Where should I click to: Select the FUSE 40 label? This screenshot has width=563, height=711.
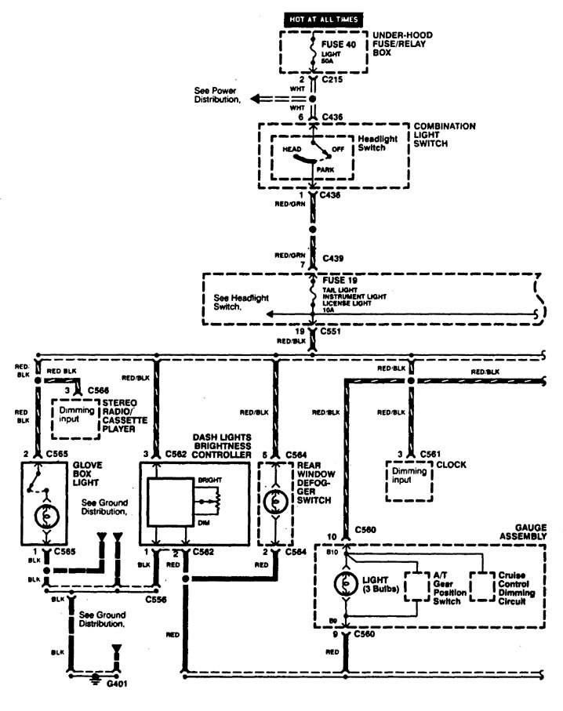[x=339, y=45]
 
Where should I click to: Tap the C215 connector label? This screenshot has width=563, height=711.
[x=332, y=81]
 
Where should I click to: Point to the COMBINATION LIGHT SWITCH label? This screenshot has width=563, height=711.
[x=445, y=136]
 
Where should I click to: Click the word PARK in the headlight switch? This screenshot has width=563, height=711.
[x=325, y=169]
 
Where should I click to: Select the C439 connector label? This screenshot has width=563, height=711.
[x=332, y=257]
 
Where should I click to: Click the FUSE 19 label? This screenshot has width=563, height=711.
[x=338, y=278]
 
